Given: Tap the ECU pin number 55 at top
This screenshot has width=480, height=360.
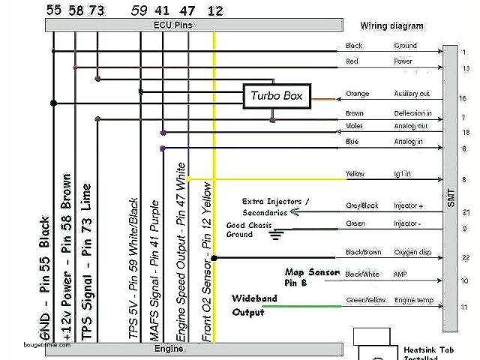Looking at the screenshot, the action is click(53, 10).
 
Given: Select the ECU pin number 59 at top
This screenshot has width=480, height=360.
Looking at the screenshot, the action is click(139, 10).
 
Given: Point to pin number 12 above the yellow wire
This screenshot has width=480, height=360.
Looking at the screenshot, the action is click(215, 10).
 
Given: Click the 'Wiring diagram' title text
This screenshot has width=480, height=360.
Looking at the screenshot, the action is click(391, 25).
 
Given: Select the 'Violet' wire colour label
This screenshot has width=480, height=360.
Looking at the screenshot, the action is click(354, 126).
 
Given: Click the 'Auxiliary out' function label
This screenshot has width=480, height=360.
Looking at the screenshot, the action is click(412, 94).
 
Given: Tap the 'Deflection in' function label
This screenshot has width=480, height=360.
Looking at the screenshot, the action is click(412, 113).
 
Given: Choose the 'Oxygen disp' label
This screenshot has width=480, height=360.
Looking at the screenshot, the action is click(412, 252).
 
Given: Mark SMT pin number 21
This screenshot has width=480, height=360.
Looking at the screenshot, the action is click(466, 212).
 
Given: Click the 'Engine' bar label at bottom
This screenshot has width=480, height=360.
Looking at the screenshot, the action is click(169, 349).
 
